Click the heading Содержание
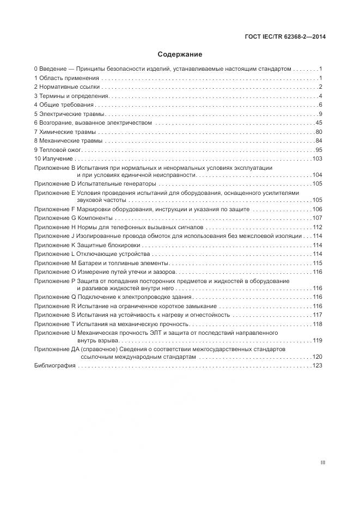pyautogui.click(x=180, y=54)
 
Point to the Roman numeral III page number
pyautogui.click(x=322, y=463)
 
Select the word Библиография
pyautogui.click(x=54, y=366)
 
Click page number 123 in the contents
pyautogui.click(x=318, y=366)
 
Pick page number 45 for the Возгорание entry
pyautogui.click(x=319, y=123)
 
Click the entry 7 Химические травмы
pyautogui.click(x=64, y=132)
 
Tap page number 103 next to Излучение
pyautogui.click(x=318, y=159)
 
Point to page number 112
pyautogui.click(x=318, y=227)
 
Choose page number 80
pyautogui.click(x=319, y=132)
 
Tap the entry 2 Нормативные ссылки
pyautogui.click(x=66, y=87)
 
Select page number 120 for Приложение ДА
pyautogui.click(x=318, y=357)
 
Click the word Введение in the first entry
pyautogui.click(x=52, y=69)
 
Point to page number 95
pyautogui.click(x=319, y=150)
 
